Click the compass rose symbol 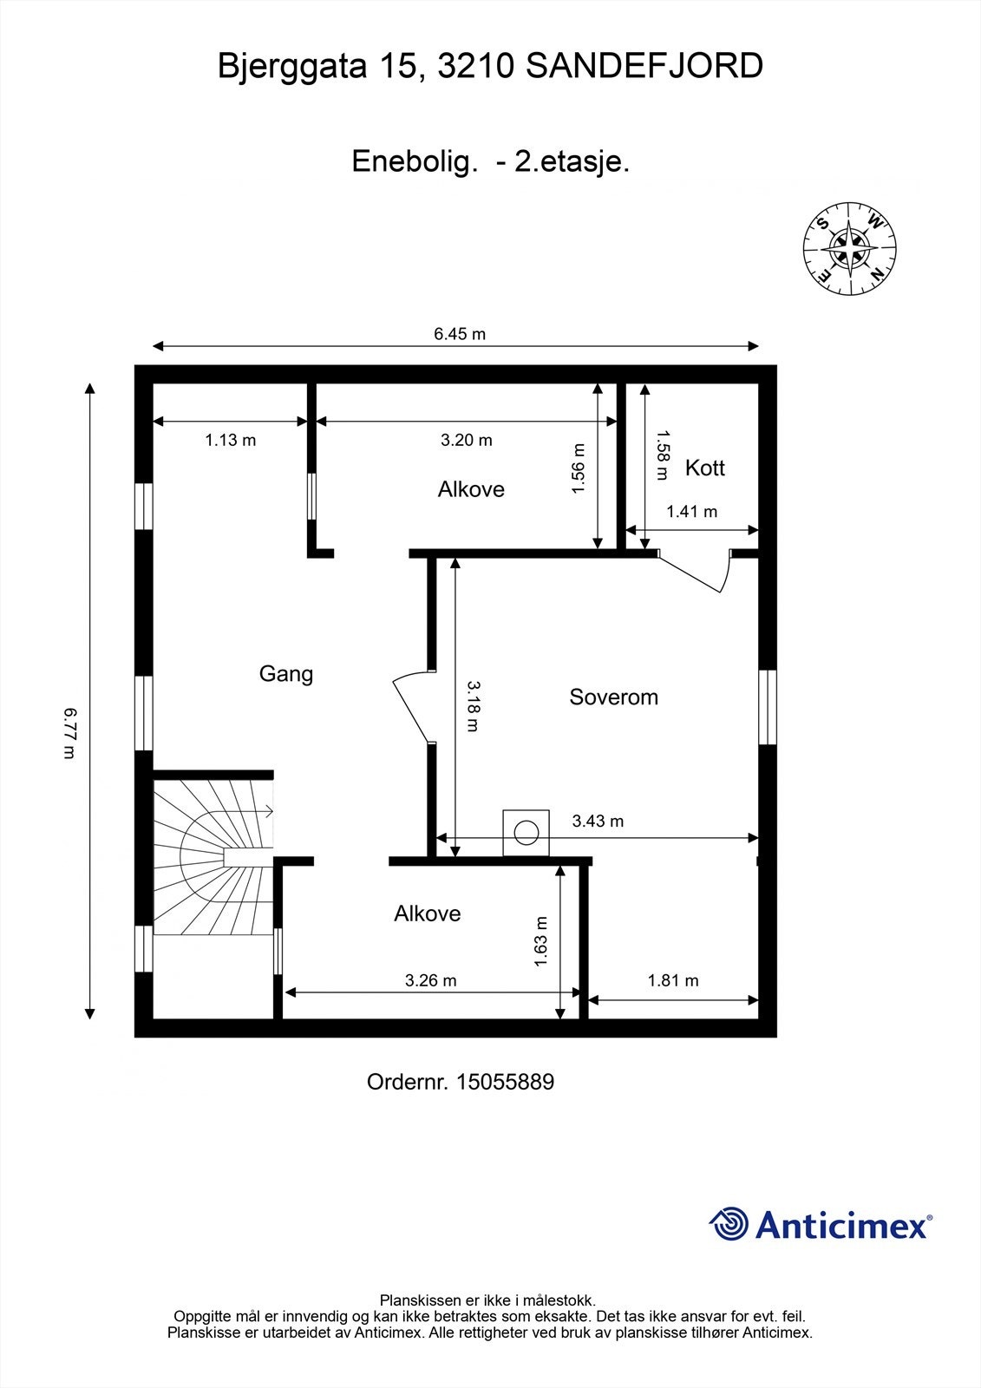(850, 250)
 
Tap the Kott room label (704, 468)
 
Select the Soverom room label (613, 697)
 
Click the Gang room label (286, 674)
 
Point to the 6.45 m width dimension (460, 335)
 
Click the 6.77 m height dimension (70, 733)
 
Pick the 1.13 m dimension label (230, 441)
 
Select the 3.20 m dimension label (467, 441)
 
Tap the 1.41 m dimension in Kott (691, 512)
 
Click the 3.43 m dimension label (598, 821)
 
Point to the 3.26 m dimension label (430, 981)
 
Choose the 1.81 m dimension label (673, 981)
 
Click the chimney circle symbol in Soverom (526, 832)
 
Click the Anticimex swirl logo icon (729, 1224)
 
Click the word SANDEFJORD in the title (644, 66)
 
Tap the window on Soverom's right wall (767, 707)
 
